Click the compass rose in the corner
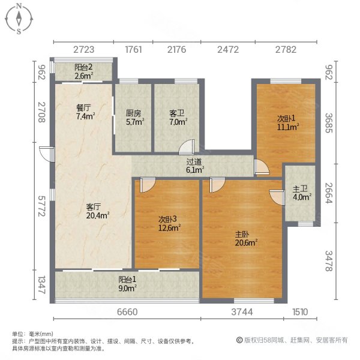(19, 19)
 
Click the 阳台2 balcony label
(83, 67)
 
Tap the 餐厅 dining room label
(83, 107)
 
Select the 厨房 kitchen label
(133, 113)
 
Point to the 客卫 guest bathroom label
(177, 113)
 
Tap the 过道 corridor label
(194, 162)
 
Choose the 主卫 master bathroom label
(300, 189)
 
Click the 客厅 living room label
(94, 207)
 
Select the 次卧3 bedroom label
(167, 219)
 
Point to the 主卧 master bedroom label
(242, 235)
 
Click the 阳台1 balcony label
(127, 280)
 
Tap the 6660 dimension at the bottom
(127, 312)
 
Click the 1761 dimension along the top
(133, 49)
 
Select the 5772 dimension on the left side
(41, 206)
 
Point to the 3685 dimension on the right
(329, 123)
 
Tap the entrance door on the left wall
(47, 154)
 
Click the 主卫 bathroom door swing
(277, 197)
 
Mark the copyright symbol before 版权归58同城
(239, 340)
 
